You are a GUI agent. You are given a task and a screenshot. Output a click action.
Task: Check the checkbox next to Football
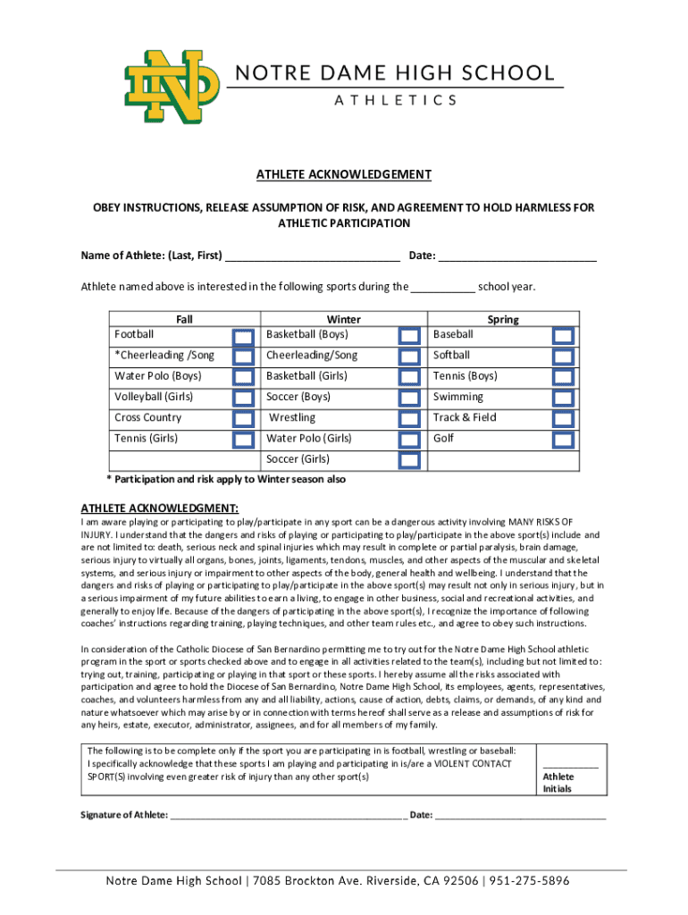[x=242, y=336]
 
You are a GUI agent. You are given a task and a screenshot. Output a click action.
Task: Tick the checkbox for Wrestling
[x=409, y=419]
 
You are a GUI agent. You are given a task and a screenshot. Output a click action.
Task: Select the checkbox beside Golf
[x=563, y=440]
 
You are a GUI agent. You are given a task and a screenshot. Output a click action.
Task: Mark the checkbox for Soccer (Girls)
[x=409, y=460]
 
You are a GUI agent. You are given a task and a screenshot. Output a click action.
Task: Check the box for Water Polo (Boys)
[x=242, y=377]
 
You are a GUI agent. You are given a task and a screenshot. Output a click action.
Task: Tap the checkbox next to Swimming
[x=563, y=398]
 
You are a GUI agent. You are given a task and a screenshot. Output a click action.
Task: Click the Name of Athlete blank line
[x=312, y=257]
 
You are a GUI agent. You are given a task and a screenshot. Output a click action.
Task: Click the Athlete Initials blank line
[x=571, y=765]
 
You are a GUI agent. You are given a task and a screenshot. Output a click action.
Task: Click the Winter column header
[x=344, y=319]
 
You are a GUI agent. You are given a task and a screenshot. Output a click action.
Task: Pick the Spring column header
[x=503, y=319]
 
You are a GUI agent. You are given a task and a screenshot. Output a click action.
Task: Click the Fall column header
[x=184, y=319]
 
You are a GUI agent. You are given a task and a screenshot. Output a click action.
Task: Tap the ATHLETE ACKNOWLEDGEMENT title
[x=344, y=174]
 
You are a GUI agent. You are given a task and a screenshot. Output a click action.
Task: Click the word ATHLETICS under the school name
[x=395, y=100]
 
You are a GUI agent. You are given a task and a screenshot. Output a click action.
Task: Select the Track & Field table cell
[x=465, y=417]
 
